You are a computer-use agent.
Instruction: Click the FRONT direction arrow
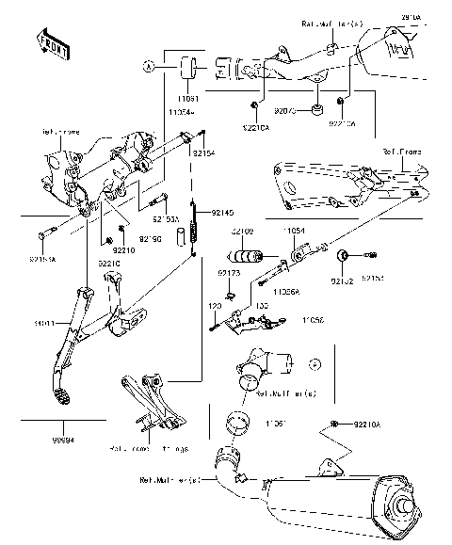click(x=53, y=43)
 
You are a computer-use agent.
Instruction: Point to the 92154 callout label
click(x=204, y=152)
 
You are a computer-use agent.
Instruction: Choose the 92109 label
click(x=242, y=231)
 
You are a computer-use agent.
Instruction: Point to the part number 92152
click(x=340, y=280)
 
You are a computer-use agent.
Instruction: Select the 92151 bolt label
click(x=374, y=280)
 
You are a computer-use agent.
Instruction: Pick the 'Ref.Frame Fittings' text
click(x=158, y=449)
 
